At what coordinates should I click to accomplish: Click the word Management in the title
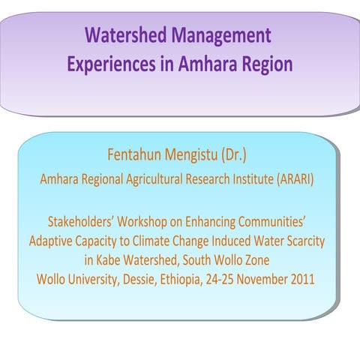pyautogui.click(x=221, y=36)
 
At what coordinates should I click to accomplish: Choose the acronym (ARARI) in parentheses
pyautogui.click(x=286, y=180)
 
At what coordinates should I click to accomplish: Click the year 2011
pyautogui.click(x=300, y=280)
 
